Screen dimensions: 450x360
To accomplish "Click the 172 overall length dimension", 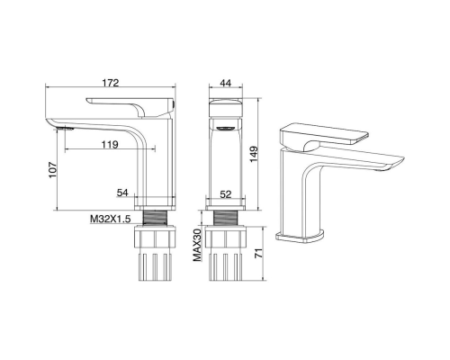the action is (x=111, y=83).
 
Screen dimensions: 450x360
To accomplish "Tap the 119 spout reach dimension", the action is (x=110, y=145).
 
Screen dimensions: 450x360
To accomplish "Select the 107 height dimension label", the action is (x=53, y=170).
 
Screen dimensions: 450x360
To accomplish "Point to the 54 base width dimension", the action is (x=122, y=193).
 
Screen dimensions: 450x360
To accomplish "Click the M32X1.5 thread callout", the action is (x=111, y=219).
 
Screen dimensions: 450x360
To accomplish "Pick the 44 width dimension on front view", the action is (x=226, y=83).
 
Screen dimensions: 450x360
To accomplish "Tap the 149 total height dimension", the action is (x=254, y=154).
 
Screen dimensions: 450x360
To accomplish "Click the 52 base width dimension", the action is (x=226, y=194).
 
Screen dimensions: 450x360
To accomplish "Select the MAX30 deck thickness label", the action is (x=197, y=245).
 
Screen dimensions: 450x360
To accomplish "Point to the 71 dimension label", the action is (x=258, y=253).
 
